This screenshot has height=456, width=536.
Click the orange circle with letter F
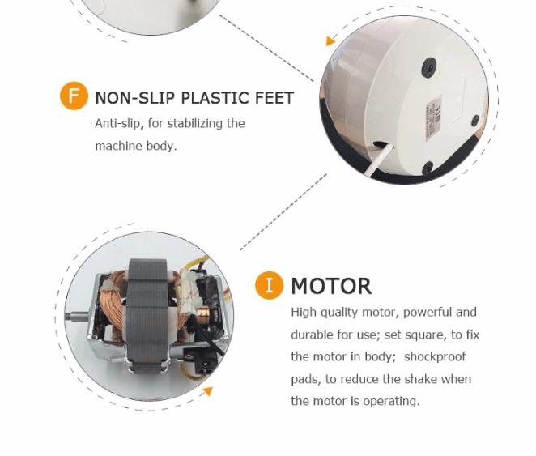pyautogui.click(x=74, y=96)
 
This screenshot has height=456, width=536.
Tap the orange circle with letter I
pyautogui.click(x=269, y=285)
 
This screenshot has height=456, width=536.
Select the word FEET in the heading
pyautogui.click(x=274, y=98)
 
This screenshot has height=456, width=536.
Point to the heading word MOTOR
pyautogui.click(x=331, y=286)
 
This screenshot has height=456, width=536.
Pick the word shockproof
pyautogui.click(x=435, y=357)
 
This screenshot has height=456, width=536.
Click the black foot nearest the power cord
pyautogui.click(x=427, y=168)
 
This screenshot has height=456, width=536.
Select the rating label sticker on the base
pyautogui.click(x=433, y=117)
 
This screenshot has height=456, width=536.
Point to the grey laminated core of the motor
pyautogui.click(x=147, y=315)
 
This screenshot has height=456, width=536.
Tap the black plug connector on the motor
pyautogui.click(x=204, y=362)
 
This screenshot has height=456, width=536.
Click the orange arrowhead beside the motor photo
pyautogui.click(x=208, y=391)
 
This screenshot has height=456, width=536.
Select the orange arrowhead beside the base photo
pyautogui.click(x=330, y=41)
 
